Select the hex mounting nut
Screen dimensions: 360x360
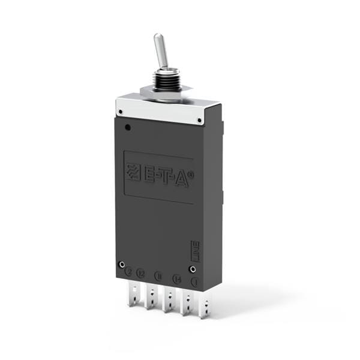point(165,92)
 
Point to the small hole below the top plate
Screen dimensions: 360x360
point(127,127)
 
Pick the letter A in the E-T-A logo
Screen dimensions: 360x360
point(180,178)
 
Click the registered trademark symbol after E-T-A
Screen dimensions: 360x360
point(191,173)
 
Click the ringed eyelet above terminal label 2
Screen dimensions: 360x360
point(122,264)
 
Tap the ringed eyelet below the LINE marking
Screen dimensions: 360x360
point(193,269)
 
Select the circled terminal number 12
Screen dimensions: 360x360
point(140,273)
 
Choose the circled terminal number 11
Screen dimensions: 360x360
point(158,276)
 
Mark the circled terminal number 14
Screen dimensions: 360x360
point(176,278)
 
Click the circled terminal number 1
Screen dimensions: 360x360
point(194,281)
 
